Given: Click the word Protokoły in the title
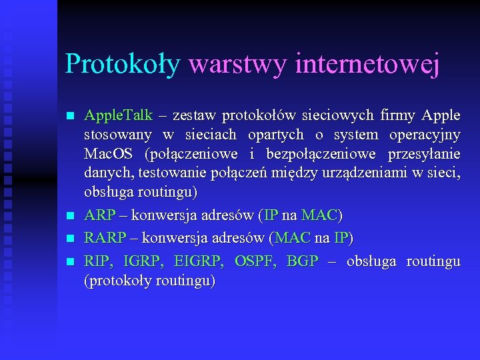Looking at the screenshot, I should pos(123,64).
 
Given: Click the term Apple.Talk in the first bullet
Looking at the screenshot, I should pos(118,115).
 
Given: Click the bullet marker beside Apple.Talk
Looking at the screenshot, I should pos(70,116).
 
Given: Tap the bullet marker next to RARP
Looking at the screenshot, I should pos(70,239).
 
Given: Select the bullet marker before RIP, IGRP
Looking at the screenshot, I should pos(70,261).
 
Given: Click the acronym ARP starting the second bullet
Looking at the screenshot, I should pos(99,216).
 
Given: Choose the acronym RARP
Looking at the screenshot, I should pos(105,238).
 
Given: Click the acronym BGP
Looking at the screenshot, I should pos(302,261).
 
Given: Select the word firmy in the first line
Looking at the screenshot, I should pos(397,115).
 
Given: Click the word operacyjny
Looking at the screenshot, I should pos(424,135).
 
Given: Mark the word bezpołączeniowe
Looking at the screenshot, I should pos(311,154).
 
